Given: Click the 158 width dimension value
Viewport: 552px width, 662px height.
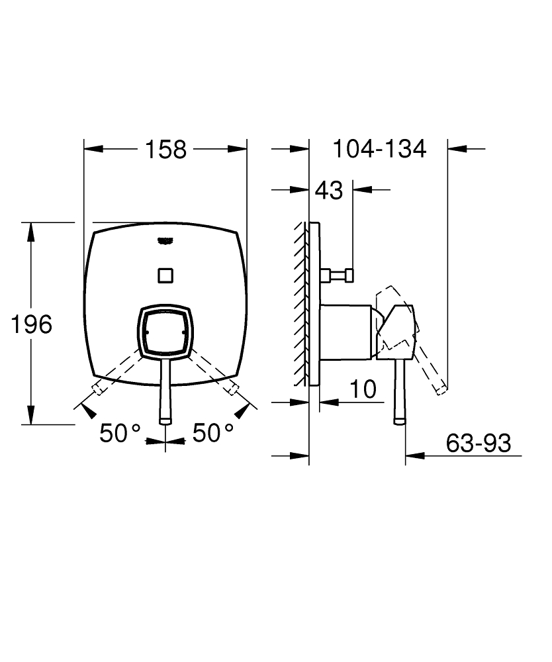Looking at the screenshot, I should pyautogui.click(x=165, y=150).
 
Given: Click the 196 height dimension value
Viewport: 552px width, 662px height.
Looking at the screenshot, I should pyautogui.click(x=31, y=324).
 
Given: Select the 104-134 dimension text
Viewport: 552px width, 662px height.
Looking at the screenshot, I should pyautogui.click(x=379, y=149).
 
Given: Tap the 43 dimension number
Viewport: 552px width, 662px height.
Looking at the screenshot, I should pyautogui.click(x=329, y=191).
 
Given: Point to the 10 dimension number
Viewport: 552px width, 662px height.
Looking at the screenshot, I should pyautogui.click(x=363, y=389).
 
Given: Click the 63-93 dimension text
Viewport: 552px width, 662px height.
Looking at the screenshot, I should pyautogui.click(x=478, y=444).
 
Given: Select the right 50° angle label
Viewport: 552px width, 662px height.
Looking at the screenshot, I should pyautogui.click(x=212, y=434).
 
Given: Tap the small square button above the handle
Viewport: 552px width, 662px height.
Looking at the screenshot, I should pyautogui.click(x=165, y=274).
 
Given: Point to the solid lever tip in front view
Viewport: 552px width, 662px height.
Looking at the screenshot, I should pyautogui.click(x=165, y=418).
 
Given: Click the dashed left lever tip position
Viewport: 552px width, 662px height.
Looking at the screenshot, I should pyautogui.click(x=96, y=388).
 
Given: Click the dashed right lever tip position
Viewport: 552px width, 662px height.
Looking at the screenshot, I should pyautogui.click(x=234, y=388).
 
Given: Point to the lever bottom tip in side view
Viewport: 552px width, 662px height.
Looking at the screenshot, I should pyautogui.click(x=399, y=420).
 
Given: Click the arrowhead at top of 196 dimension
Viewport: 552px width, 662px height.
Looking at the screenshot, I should pyautogui.click(x=30, y=228).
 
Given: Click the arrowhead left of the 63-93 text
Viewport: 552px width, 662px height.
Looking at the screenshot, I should pyautogui.click(x=412, y=455).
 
